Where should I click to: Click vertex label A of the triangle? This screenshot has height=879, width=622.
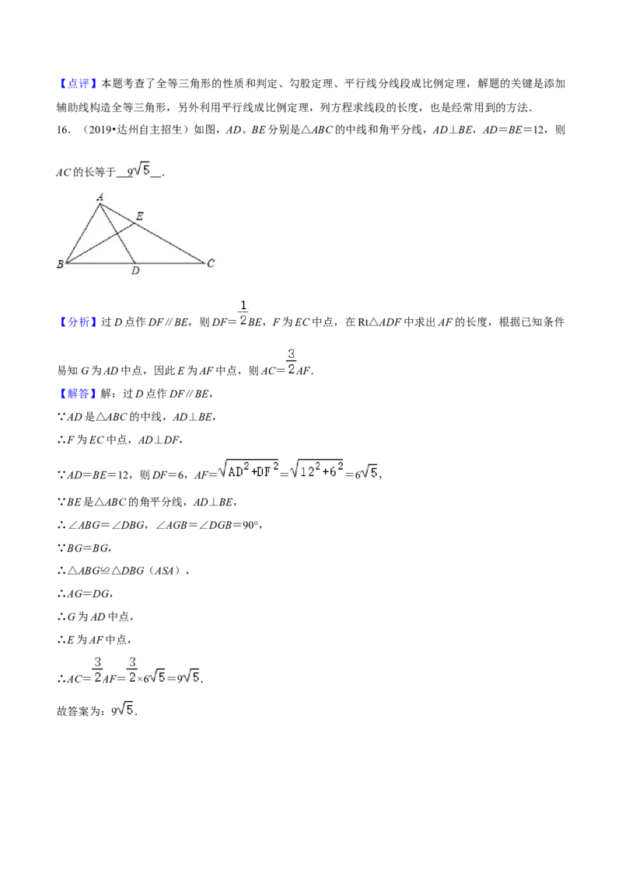100,196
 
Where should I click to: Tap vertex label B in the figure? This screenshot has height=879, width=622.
60,264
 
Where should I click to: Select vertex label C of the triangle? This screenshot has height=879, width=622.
211,263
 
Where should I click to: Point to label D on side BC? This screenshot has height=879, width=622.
135,271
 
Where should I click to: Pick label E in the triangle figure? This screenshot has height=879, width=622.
140,216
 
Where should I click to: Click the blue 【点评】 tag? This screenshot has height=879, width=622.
78,84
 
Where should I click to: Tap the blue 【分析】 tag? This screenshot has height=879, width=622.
78,321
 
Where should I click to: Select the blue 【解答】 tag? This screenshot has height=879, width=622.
78,394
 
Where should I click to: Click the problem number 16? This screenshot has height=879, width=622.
64,130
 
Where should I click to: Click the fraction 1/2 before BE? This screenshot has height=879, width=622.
243,314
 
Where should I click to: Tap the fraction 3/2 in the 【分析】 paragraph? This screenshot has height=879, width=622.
291,362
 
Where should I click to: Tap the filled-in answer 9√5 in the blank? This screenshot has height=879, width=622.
138,170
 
